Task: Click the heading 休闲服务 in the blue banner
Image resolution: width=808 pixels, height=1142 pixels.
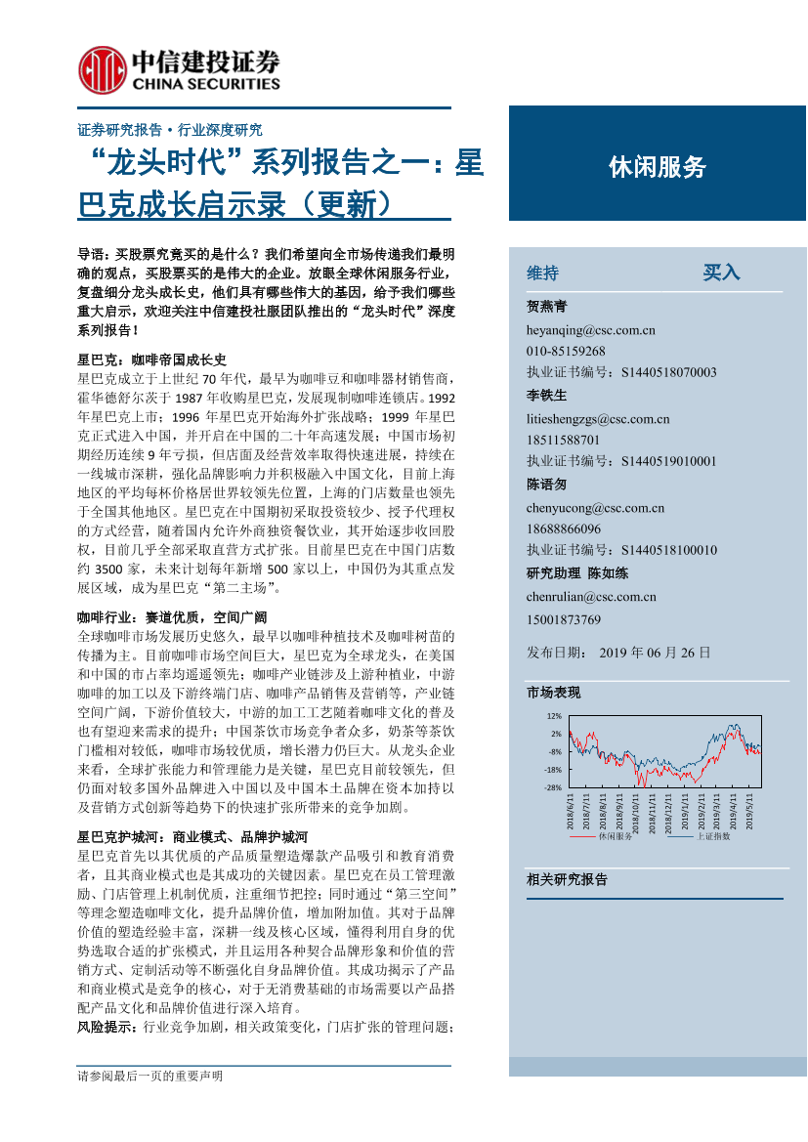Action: click(x=657, y=167)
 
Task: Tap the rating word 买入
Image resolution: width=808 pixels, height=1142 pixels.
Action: click(x=722, y=273)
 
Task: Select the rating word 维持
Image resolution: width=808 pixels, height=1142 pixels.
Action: click(x=543, y=273)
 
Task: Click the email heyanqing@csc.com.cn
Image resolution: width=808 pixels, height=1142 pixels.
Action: click(x=591, y=330)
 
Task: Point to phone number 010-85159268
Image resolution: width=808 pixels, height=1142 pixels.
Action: click(x=566, y=351)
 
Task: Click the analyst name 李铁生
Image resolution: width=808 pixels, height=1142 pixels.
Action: click(x=546, y=395)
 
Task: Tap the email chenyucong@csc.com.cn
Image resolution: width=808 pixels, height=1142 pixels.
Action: click(x=595, y=507)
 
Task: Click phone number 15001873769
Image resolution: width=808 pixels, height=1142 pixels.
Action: click(x=564, y=619)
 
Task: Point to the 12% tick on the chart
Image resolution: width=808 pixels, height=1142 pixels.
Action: click(x=554, y=716)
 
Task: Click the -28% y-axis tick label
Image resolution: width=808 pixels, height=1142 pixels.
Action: click(x=552, y=787)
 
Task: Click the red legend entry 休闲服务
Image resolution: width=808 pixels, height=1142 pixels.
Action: click(x=615, y=837)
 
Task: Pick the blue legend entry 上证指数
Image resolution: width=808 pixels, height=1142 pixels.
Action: click(x=712, y=837)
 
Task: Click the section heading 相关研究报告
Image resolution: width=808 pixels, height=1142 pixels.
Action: click(x=567, y=880)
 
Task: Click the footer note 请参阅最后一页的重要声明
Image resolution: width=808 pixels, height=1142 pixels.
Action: click(x=150, y=1076)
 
